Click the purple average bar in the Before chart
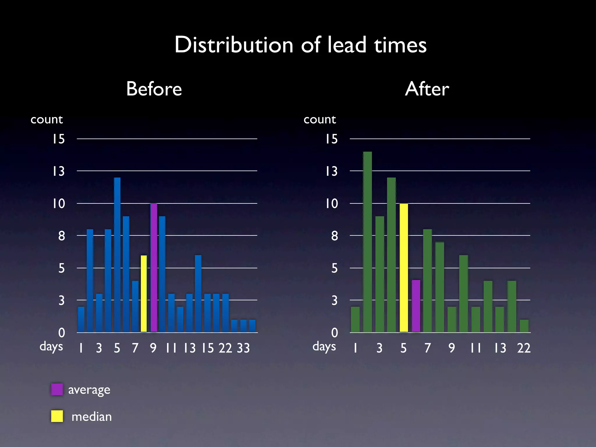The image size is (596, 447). (x=154, y=268)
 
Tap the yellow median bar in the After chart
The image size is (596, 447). (x=404, y=268)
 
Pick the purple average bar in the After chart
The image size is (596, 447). (x=416, y=306)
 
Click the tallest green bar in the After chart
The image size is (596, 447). (x=367, y=242)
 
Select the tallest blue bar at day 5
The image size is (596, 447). (x=117, y=255)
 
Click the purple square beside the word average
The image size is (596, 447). (x=57, y=389)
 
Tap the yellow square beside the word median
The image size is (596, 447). (x=57, y=416)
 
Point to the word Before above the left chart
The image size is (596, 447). (x=154, y=89)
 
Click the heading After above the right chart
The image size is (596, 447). (x=427, y=89)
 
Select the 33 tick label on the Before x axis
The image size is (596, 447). (x=243, y=348)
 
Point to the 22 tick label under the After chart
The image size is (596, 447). (x=524, y=348)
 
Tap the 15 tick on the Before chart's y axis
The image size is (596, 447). (x=58, y=139)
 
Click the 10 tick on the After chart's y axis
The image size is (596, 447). (x=331, y=203)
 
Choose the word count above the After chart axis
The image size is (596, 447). (x=320, y=119)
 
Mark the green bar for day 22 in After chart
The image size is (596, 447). (x=524, y=326)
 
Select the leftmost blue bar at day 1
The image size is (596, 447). (x=81, y=319)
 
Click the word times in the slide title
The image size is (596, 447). (x=400, y=45)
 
